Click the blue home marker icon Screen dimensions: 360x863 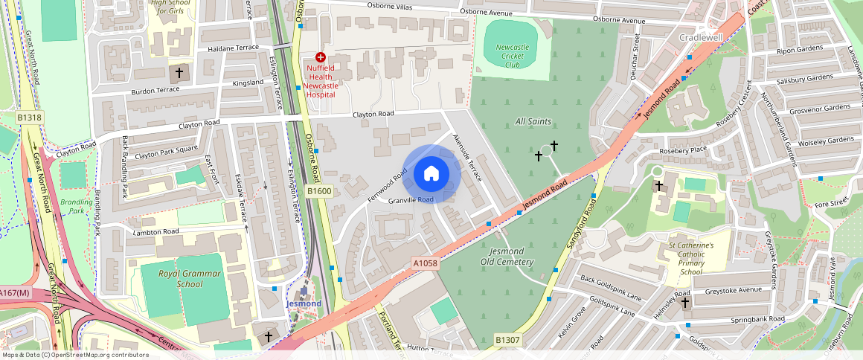(x=431, y=174)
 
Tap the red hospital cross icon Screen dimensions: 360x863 (x=321, y=57)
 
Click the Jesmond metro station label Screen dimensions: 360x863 (x=304, y=303)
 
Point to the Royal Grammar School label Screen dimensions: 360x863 (x=180, y=279)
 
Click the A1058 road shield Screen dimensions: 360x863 (x=425, y=263)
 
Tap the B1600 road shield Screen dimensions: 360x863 (x=319, y=191)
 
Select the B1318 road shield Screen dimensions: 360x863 (x=30, y=117)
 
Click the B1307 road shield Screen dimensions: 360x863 (x=508, y=340)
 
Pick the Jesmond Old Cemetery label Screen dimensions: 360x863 (x=507, y=257)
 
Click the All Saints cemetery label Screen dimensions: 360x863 (x=533, y=120)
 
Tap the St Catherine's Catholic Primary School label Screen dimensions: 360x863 (x=690, y=258)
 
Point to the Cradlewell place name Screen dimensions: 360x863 (x=701, y=37)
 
